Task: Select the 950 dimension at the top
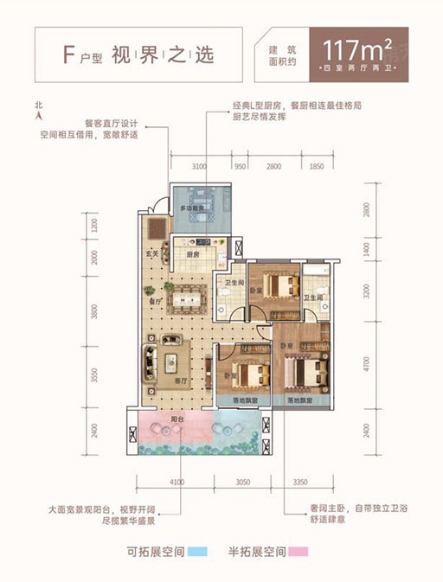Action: click(241, 165)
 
